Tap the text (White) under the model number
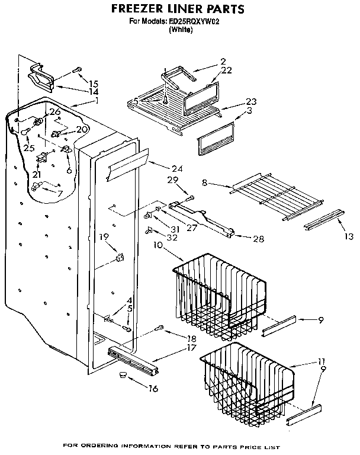click(x=181, y=30)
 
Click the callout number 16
click(x=153, y=389)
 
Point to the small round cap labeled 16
click(x=123, y=375)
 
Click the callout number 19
click(x=104, y=237)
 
